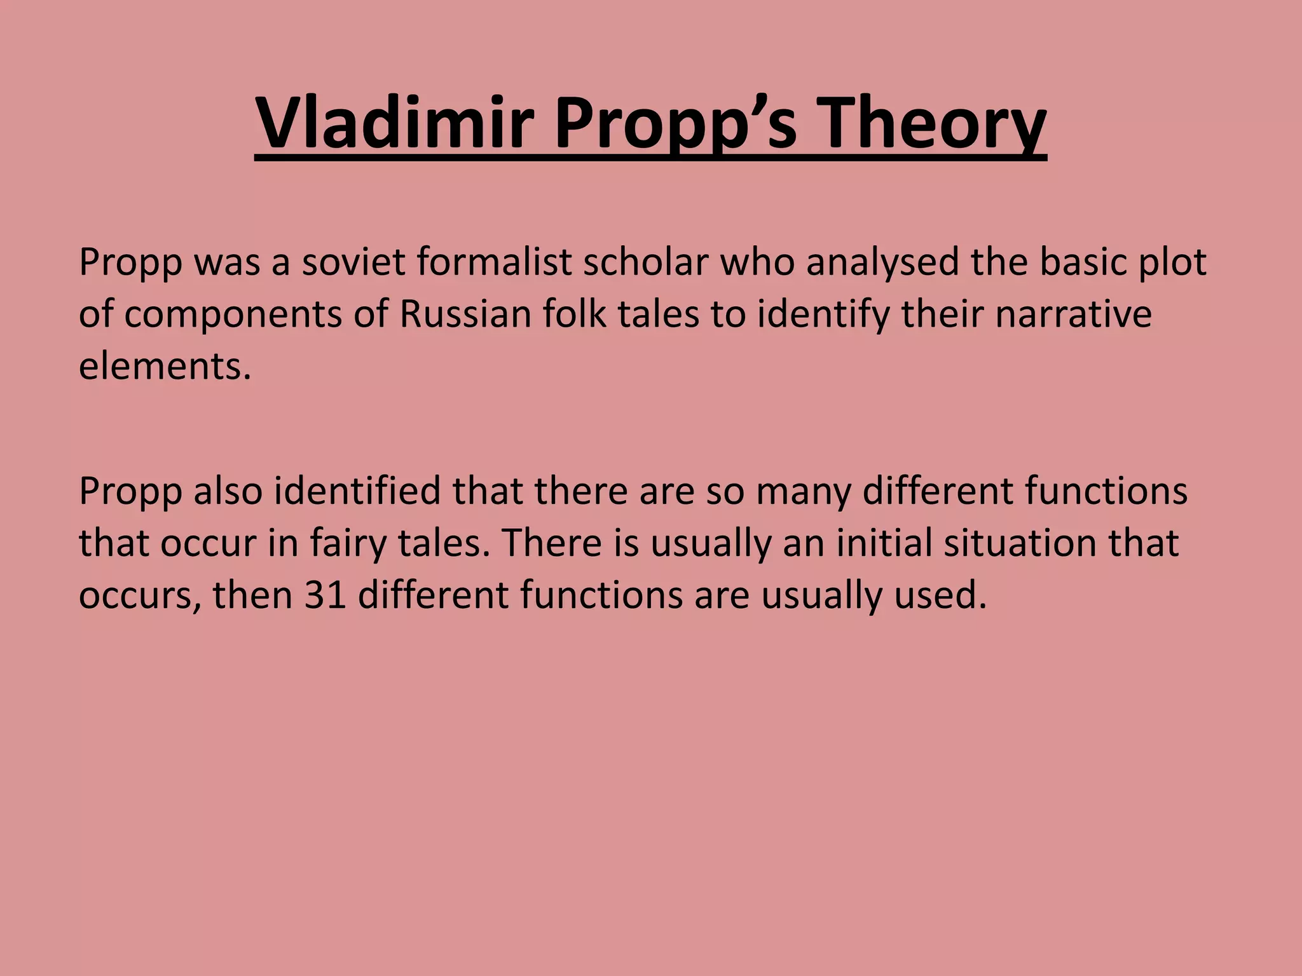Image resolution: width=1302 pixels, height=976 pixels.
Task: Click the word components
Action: [233, 316]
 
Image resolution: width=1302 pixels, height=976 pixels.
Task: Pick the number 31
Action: [325, 595]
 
